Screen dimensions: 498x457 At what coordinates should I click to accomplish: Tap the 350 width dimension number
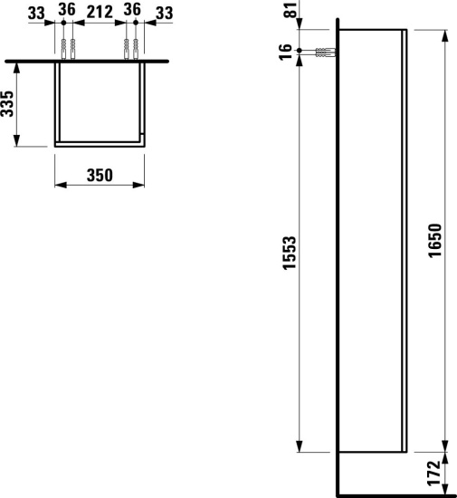100,176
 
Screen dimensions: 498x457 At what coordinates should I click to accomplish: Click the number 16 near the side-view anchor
287,51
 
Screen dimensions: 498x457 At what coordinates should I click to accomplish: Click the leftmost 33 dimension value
37,12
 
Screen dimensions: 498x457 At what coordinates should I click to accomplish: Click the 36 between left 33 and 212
66,12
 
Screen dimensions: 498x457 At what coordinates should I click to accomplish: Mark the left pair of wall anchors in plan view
66,48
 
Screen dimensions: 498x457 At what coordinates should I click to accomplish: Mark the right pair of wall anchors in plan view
131,48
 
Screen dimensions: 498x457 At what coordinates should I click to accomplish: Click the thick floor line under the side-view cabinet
394,495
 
